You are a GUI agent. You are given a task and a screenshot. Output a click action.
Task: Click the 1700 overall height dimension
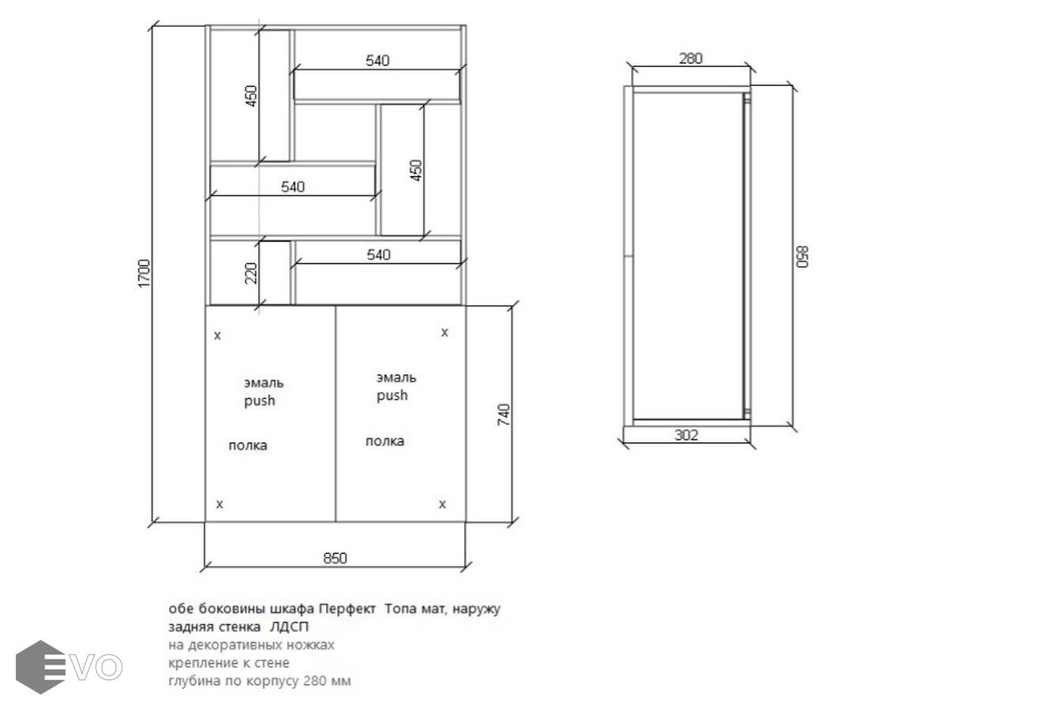[144, 273]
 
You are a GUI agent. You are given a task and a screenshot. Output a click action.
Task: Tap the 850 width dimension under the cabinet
[336, 558]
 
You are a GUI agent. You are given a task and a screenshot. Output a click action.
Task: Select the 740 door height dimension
[504, 415]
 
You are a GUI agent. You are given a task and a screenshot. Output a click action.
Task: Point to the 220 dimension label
[252, 273]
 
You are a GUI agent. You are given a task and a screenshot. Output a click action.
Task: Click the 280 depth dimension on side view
[691, 58]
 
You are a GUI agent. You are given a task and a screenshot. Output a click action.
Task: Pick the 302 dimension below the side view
[686, 435]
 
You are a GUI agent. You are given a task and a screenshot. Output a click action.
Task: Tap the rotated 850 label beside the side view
[802, 257]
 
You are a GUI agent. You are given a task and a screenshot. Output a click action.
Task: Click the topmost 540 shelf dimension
[377, 61]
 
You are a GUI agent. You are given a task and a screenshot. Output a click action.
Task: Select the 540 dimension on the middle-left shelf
[293, 187]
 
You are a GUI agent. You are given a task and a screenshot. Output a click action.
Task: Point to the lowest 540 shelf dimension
[378, 254]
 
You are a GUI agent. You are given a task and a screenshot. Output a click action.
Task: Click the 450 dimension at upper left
[252, 96]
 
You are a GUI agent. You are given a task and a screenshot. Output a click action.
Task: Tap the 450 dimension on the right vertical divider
[416, 171]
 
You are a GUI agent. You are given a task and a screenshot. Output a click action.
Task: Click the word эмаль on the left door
[264, 382]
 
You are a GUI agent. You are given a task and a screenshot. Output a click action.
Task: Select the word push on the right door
[392, 395]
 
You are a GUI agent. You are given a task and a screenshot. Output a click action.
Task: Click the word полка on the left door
[248, 446]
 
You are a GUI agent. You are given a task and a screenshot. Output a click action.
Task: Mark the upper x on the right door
[444, 333]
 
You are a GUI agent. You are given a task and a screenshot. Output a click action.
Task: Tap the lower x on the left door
[219, 504]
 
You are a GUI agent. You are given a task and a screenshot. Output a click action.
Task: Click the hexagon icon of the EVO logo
[41, 667]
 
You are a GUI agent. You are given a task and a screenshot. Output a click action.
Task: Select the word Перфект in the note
[347, 609]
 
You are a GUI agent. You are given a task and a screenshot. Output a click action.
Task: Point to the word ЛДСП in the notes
[290, 626]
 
